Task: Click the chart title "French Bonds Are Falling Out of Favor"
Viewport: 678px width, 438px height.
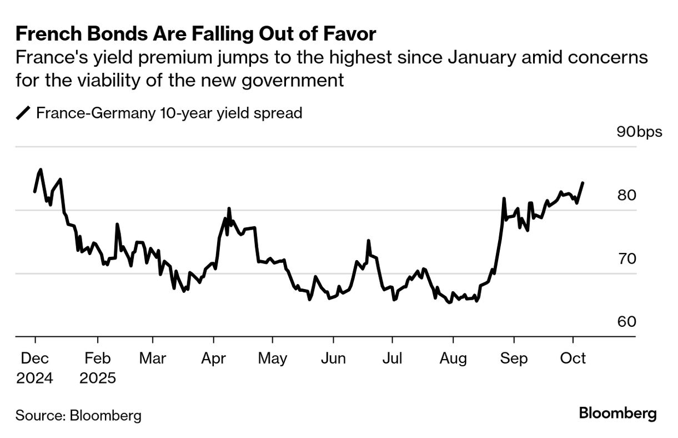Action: pos(196,34)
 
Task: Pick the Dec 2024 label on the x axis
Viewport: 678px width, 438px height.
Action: pos(34,368)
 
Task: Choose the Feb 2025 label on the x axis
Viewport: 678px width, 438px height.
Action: pos(98,368)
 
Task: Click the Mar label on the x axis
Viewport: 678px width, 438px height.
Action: pos(152,359)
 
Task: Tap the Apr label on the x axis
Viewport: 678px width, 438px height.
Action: pos(213,359)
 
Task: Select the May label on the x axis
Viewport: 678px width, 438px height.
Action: pos(273,359)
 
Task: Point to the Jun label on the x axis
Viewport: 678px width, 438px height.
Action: pos(333,359)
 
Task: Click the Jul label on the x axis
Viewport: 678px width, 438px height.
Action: pos(393,359)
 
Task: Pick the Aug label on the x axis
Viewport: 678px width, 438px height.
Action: pos(453,359)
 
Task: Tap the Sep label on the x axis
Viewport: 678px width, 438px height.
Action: pos(514,359)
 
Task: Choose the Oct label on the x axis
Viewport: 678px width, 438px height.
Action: pos(573,359)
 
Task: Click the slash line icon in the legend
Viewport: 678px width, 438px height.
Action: pos(23,113)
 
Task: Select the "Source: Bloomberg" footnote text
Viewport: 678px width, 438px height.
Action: pos(78,415)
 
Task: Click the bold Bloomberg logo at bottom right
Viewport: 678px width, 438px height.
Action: pos(617,414)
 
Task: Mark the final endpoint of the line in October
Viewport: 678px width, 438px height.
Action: pos(582,182)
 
